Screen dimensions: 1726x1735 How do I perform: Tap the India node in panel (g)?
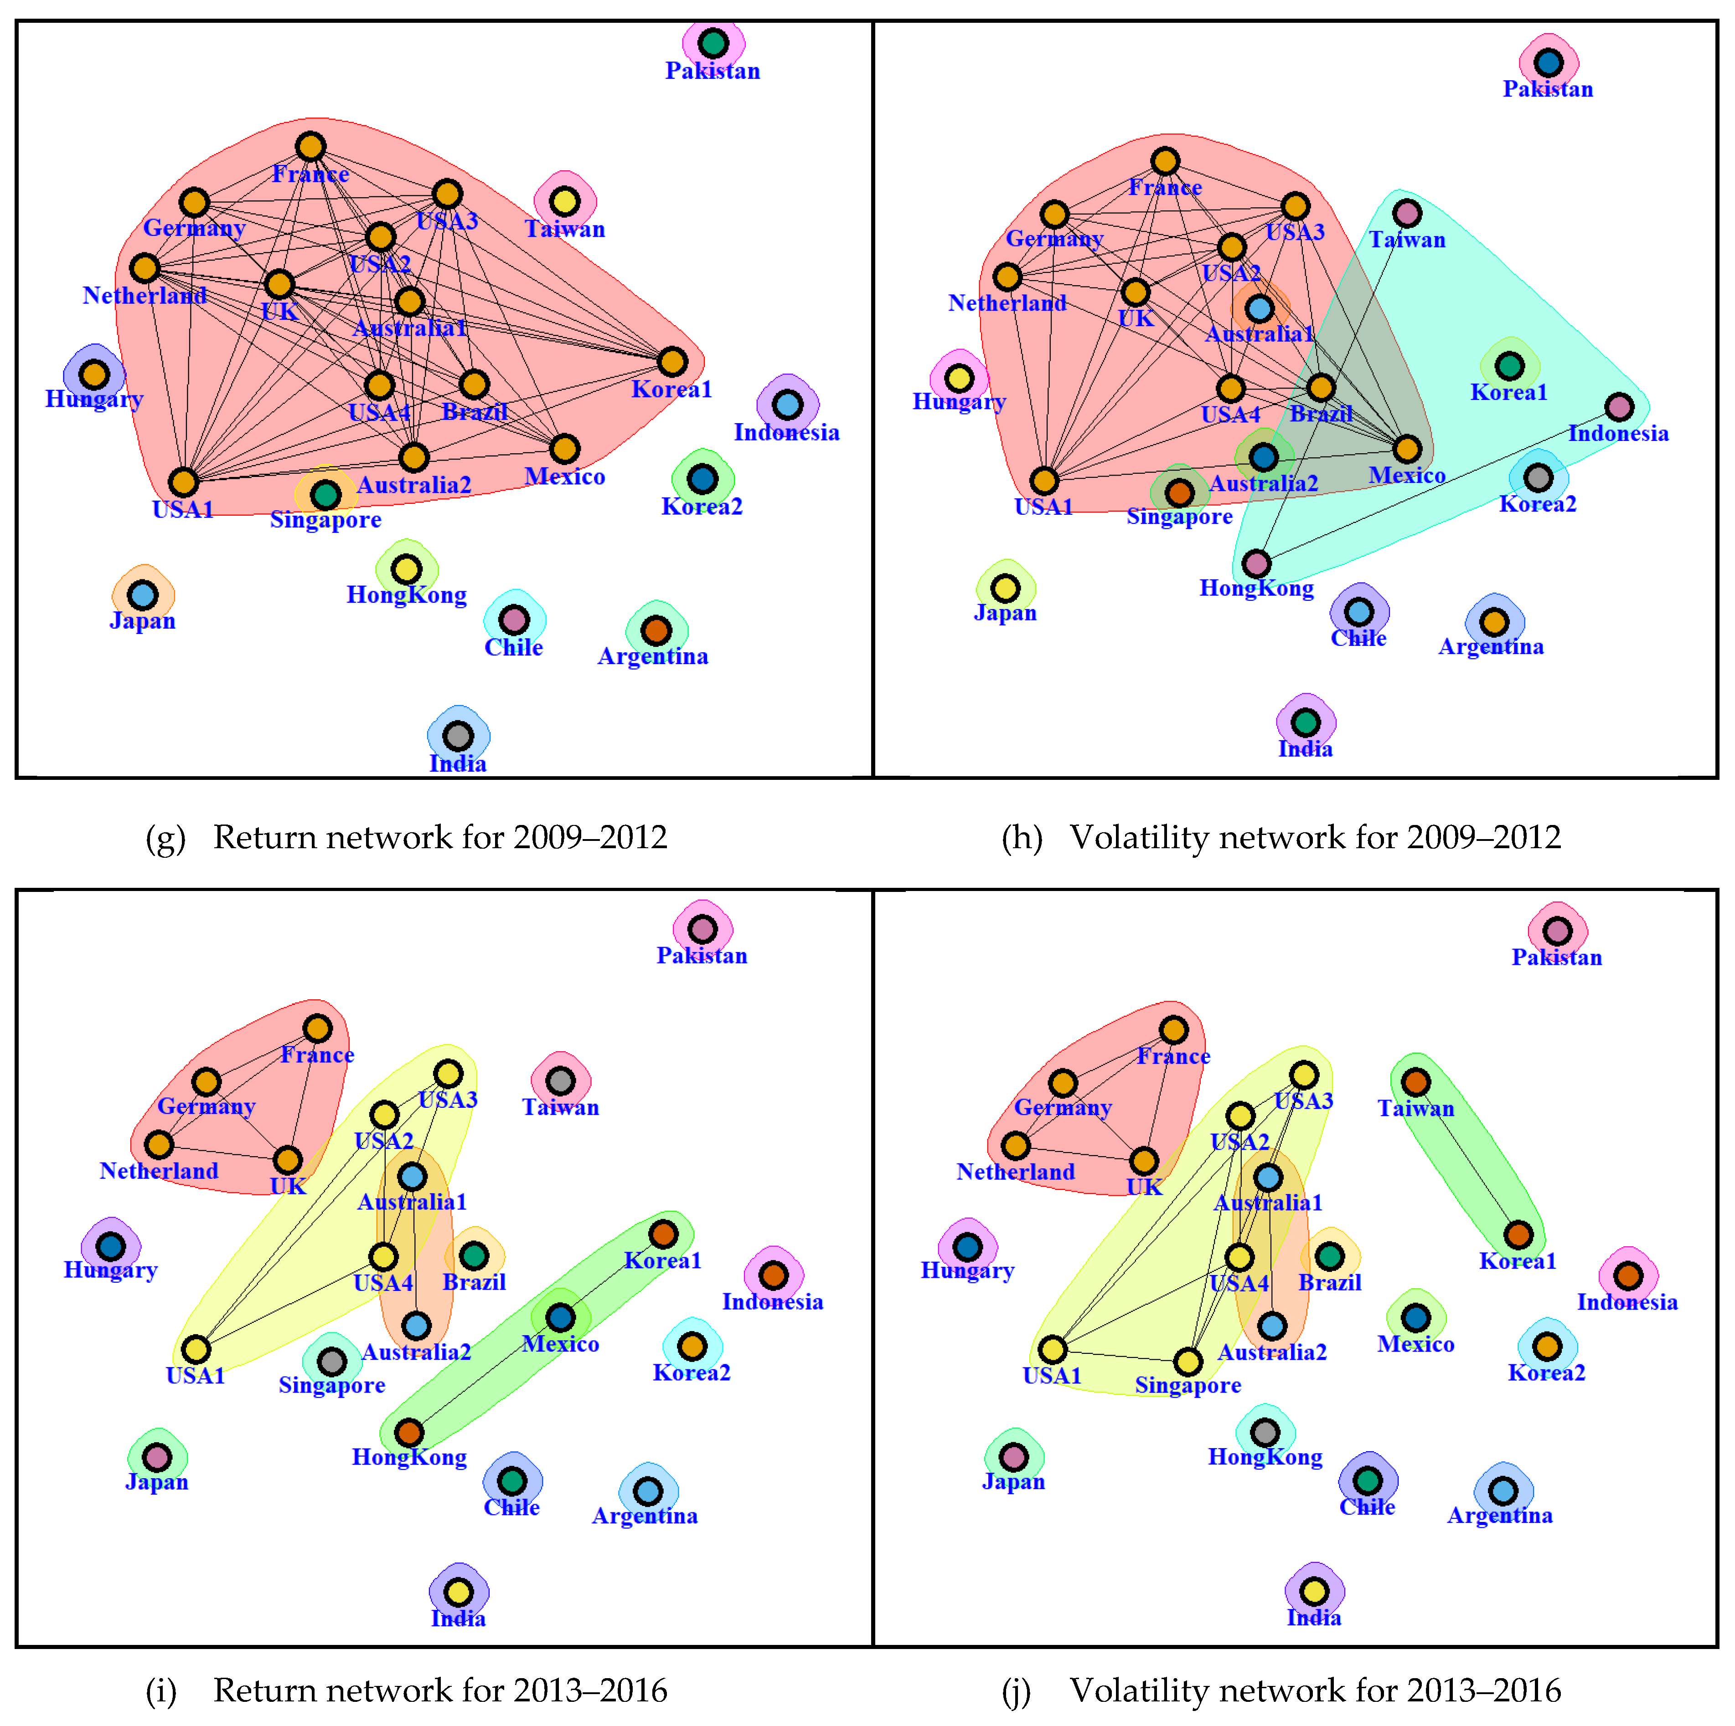tap(458, 736)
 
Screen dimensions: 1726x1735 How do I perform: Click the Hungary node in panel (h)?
tap(959, 378)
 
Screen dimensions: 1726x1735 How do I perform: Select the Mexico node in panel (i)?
tap(560, 1317)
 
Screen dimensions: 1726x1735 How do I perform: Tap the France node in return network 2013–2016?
tap(317, 1029)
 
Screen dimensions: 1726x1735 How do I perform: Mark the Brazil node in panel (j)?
tap(1330, 1257)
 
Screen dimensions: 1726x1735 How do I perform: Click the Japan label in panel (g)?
tap(143, 621)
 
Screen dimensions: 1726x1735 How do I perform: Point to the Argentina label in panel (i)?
tap(645, 1516)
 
